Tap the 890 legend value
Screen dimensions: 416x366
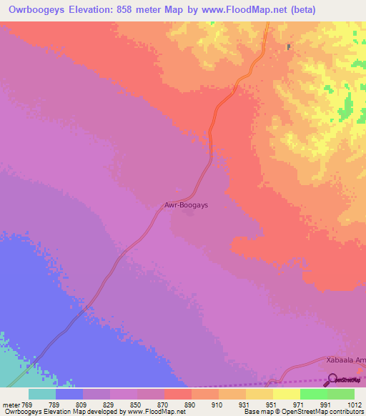[191, 405]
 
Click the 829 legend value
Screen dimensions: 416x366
[109, 405]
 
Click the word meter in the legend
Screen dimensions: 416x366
[10, 405]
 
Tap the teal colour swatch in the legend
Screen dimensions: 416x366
[42, 394]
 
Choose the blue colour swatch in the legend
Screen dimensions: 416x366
[69, 394]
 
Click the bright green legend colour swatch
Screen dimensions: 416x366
[314, 394]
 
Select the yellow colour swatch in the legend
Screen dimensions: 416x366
[287, 394]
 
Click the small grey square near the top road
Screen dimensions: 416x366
[289, 47]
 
